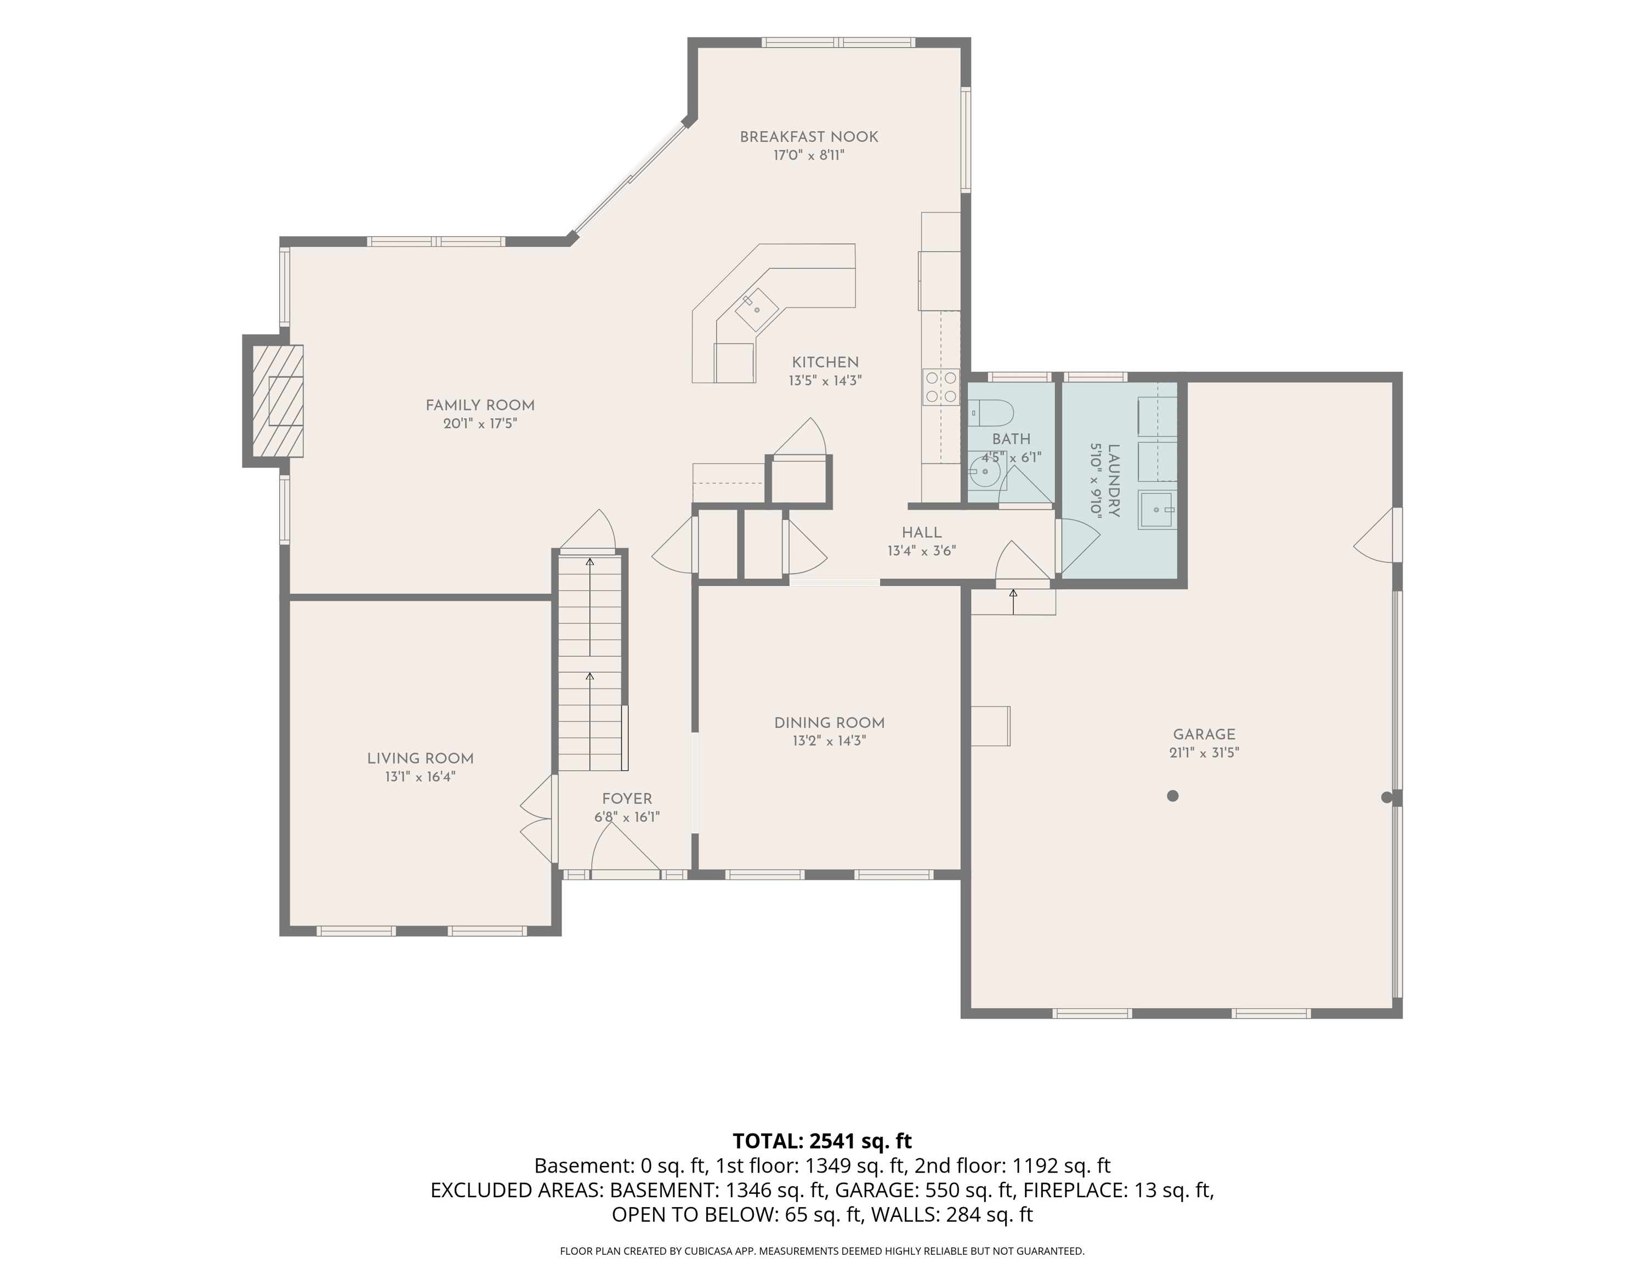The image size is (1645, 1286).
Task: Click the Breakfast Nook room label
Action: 809,137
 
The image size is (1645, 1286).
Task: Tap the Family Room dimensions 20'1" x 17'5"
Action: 480,424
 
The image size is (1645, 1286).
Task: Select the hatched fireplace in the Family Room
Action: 277,401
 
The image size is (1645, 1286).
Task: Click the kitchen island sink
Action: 757,310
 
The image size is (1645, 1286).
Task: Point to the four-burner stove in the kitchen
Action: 941,387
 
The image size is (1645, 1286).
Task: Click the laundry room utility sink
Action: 1157,510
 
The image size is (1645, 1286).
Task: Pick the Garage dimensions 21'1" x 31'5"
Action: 1204,752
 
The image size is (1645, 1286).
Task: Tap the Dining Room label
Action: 829,723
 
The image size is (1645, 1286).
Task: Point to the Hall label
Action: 922,533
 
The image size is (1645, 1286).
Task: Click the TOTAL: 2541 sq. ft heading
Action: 822,1141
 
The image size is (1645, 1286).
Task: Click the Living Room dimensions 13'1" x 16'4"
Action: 420,777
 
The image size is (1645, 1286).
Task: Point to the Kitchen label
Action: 825,362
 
